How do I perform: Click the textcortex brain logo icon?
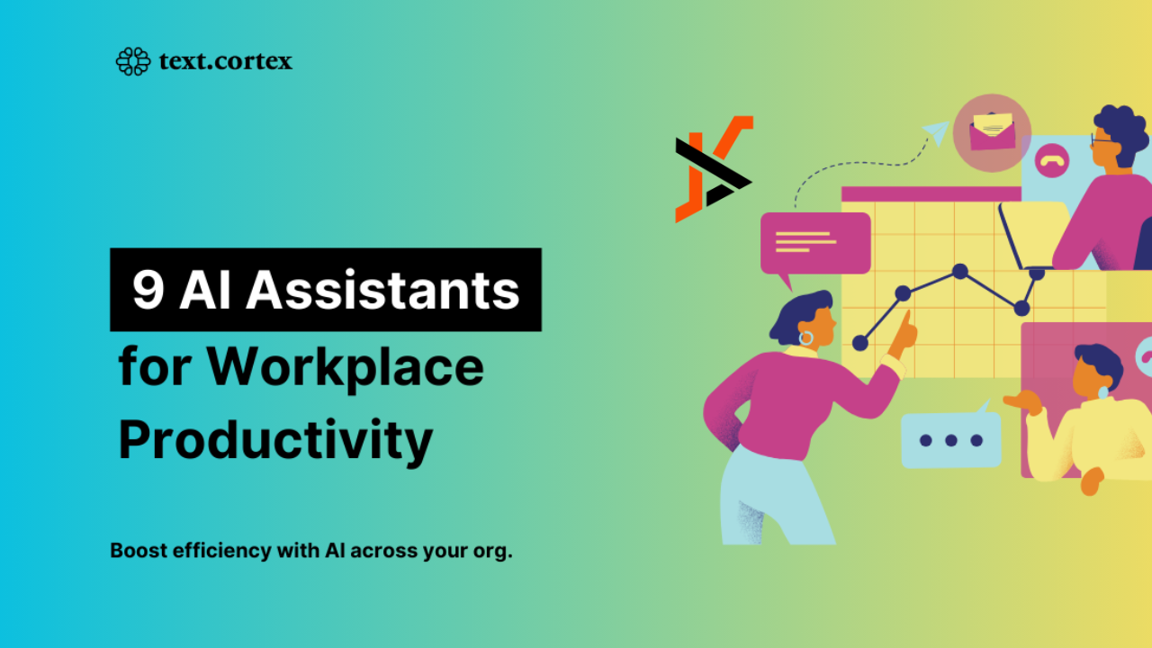pyautogui.click(x=133, y=62)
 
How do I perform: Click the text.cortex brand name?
pyautogui.click(x=226, y=61)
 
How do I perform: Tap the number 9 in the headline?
pyautogui.click(x=148, y=290)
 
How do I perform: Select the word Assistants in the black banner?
pyautogui.click(x=382, y=290)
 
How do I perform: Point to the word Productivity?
pyautogui.click(x=275, y=440)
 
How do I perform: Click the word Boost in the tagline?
pyautogui.click(x=139, y=550)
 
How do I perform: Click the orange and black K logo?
pyautogui.click(x=715, y=169)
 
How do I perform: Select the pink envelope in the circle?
pyautogui.click(x=992, y=131)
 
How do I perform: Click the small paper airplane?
pyautogui.click(x=937, y=132)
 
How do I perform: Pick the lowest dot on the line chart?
pyautogui.click(x=859, y=343)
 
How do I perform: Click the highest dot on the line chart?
pyautogui.click(x=959, y=271)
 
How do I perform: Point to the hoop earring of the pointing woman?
pyautogui.click(x=805, y=337)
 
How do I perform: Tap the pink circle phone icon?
pyautogui.click(x=1052, y=160)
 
